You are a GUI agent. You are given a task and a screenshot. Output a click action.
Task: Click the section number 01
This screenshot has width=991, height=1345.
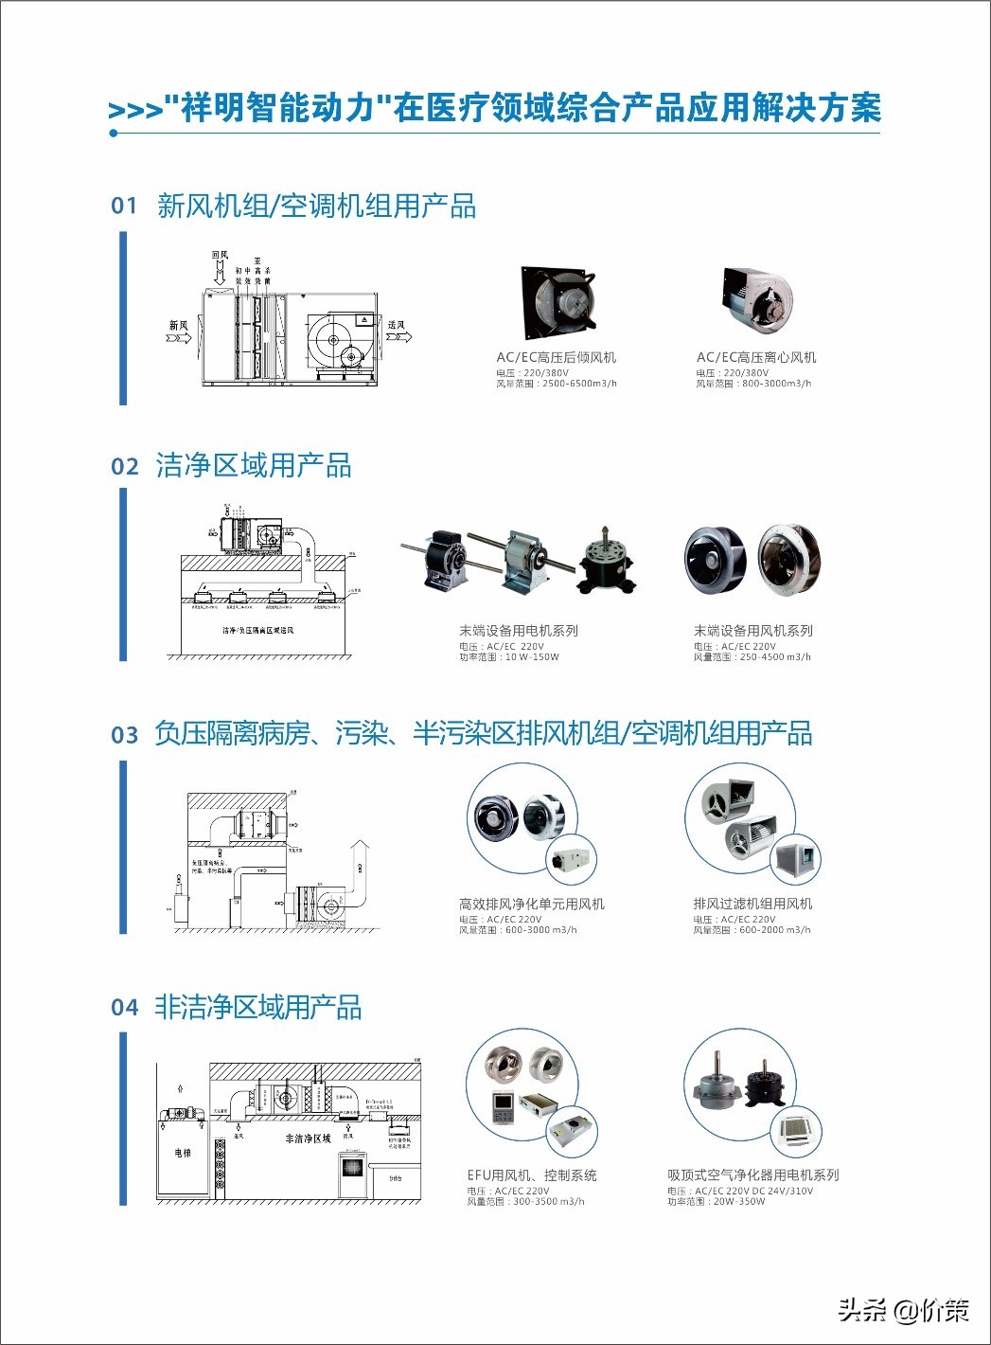pyautogui.click(x=124, y=206)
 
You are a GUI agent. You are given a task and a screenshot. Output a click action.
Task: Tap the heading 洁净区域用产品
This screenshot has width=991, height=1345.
pyautogui.click(x=254, y=466)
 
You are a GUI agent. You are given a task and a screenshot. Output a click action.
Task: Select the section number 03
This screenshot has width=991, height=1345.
pyautogui.click(x=124, y=735)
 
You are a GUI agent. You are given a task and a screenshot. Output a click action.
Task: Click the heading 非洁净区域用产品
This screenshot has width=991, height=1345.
pyautogui.click(x=258, y=1007)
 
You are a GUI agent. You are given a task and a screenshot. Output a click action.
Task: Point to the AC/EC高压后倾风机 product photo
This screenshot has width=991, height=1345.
pyautogui.click(x=557, y=302)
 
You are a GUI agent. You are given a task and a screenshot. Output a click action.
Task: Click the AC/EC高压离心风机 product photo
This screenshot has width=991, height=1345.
pyautogui.click(x=756, y=300)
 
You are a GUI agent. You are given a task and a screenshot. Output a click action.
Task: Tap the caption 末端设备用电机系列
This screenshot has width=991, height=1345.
pyautogui.click(x=518, y=631)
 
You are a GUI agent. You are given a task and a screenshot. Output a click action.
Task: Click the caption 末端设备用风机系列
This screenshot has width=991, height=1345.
pyautogui.click(x=752, y=631)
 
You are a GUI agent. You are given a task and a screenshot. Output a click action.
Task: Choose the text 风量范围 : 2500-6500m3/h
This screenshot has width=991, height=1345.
pyautogui.click(x=557, y=384)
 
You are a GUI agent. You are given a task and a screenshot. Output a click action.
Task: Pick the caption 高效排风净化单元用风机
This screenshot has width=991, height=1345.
pyautogui.click(x=531, y=904)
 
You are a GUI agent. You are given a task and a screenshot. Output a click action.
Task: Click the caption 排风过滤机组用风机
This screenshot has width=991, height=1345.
pyautogui.click(x=752, y=904)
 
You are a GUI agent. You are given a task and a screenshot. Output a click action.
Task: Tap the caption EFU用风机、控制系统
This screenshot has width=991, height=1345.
pyautogui.click(x=531, y=1175)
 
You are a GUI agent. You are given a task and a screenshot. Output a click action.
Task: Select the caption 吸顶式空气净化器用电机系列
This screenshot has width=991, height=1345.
pyautogui.click(x=752, y=1175)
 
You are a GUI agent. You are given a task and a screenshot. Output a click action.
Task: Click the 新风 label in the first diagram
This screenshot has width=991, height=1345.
pyautogui.click(x=179, y=326)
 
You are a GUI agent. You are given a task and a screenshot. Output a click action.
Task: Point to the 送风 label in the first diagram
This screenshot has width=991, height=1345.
pyautogui.click(x=397, y=325)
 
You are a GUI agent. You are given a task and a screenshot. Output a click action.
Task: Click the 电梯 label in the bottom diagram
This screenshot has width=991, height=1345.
pyautogui.click(x=183, y=1153)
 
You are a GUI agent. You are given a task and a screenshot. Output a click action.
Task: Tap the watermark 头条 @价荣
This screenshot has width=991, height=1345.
pyautogui.click(x=903, y=1310)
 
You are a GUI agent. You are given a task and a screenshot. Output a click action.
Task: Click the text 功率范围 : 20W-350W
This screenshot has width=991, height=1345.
pyautogui.click(x=716, y=1201)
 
